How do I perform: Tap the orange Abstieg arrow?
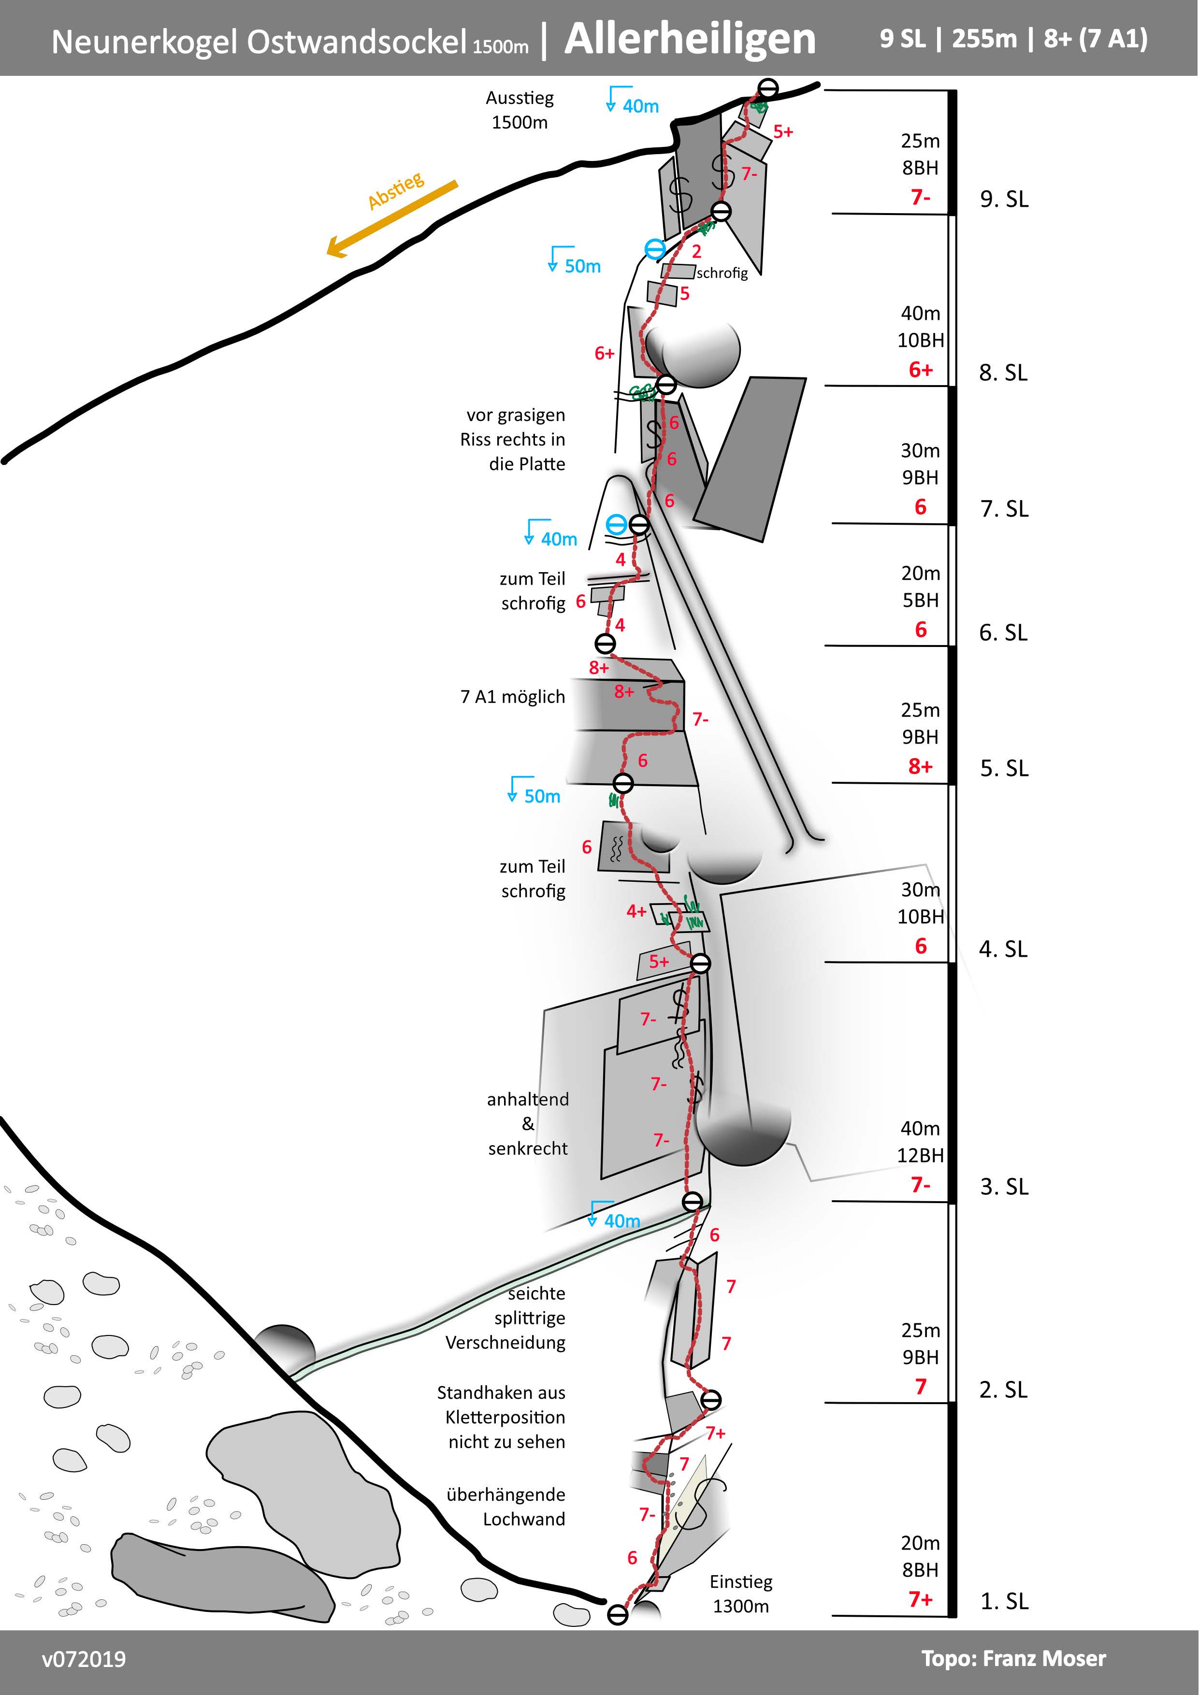391,219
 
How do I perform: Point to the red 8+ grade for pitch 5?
920,766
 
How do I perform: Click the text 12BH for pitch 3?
920,1155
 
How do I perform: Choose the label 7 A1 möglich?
512,697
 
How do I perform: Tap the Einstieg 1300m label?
740,1594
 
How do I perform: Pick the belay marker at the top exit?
768,88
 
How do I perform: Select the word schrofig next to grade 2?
722,273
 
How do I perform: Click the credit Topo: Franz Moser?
1013,1659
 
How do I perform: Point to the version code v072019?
84,1660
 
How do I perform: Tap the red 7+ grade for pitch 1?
920,1600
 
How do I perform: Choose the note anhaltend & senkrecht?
527,1123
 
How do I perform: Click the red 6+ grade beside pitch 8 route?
604,354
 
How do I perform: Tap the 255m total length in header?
984,38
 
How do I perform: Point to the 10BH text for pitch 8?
920,340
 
